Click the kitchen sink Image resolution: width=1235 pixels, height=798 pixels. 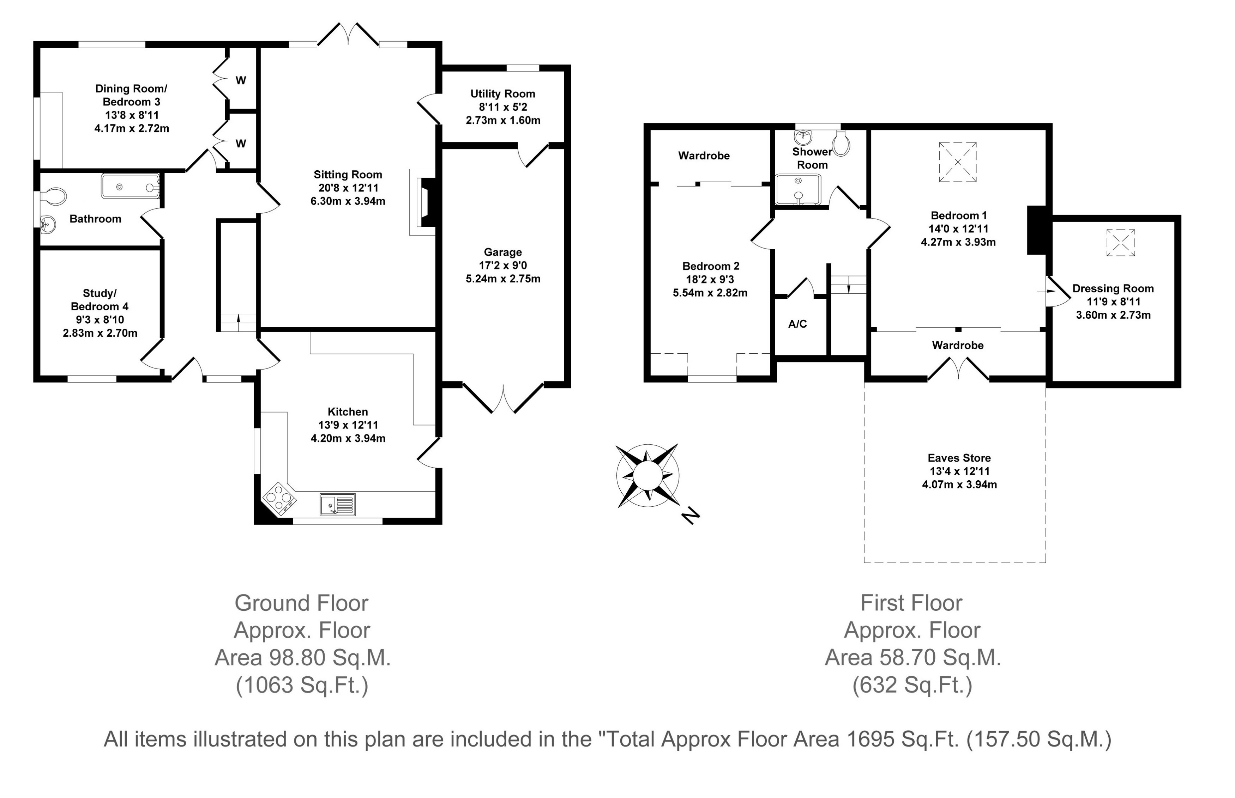338,504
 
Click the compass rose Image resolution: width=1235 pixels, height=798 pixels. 647,475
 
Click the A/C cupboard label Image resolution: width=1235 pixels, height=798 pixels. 797,324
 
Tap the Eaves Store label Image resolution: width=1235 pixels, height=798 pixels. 959,458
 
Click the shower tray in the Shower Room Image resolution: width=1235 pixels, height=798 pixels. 799,190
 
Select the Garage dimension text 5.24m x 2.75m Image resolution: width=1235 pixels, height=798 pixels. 503,279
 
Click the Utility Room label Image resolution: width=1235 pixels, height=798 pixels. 502,94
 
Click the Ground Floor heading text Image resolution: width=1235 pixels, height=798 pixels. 301,603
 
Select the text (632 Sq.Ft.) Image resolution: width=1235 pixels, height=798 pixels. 912,685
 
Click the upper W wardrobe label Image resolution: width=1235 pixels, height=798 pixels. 241,80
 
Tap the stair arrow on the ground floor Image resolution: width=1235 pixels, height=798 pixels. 239,322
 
